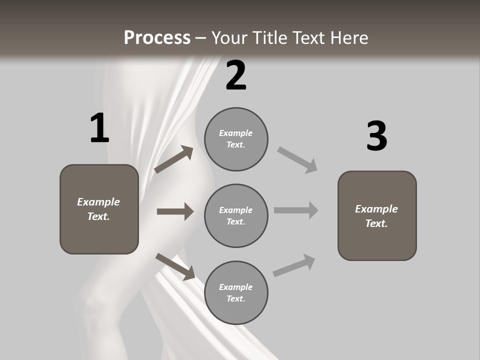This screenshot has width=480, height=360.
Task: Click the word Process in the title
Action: tap(157, 37)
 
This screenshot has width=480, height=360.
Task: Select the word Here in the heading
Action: tap(349, 37)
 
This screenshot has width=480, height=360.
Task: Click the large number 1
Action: tap(100, 127)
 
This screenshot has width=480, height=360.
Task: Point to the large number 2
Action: tap(236, 75)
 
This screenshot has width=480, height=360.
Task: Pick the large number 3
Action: tap(377, 135)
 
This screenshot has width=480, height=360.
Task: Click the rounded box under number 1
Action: tap(99, 209)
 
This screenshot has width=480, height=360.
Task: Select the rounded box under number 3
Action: tap(377, 216)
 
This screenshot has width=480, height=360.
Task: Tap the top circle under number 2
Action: tap(236, 139)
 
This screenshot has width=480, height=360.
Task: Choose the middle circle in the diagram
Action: tap(236, 216)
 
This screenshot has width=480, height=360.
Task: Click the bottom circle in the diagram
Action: tap(236, 292)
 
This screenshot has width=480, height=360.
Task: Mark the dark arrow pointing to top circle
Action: tap(173, 159)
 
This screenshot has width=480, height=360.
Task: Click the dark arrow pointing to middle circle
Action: tap(175, 211)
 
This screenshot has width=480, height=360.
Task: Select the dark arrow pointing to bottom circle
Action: tap(175, 266)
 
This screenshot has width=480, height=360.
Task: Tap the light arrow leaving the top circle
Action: tap(297, 160)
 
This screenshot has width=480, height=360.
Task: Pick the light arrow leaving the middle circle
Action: tap(296, 210)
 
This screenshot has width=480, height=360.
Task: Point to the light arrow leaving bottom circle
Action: tap(294, 265)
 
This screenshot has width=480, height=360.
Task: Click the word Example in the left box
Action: tap(98, 202)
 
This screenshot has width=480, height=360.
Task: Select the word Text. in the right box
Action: tap(376, 223)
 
